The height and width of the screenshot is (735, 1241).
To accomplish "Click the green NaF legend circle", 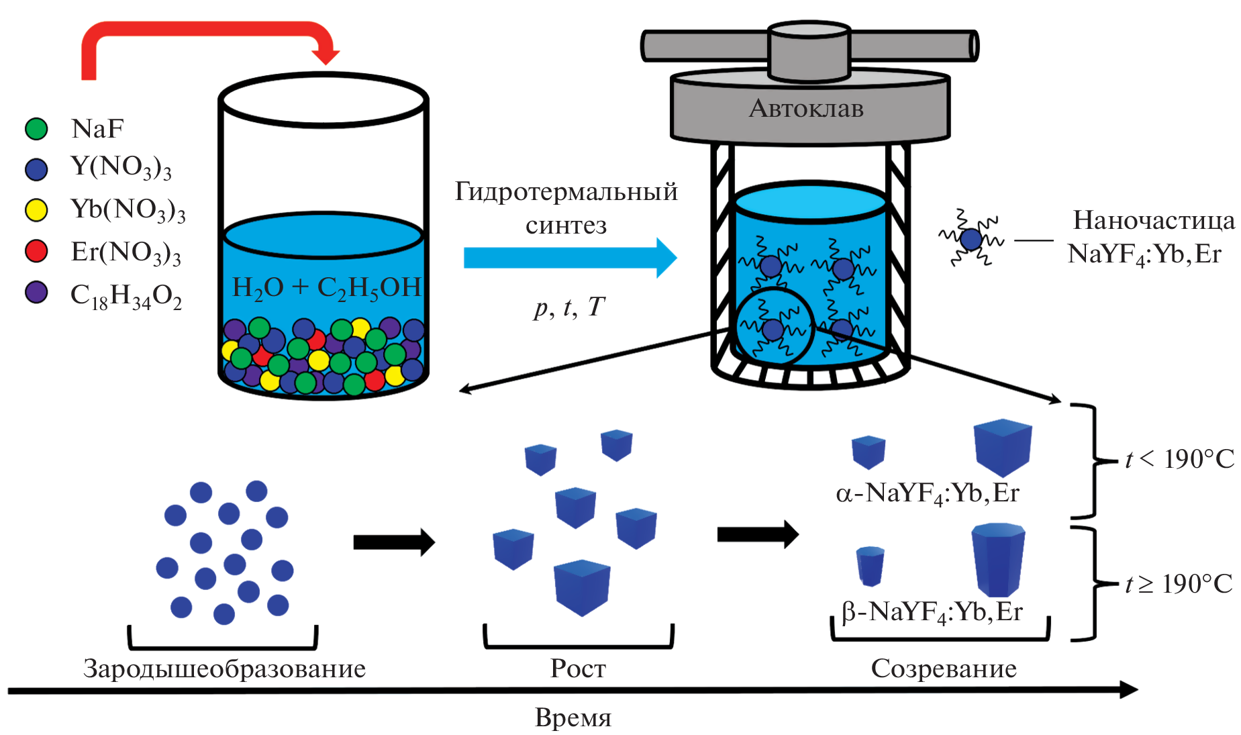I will (x=36, y=129).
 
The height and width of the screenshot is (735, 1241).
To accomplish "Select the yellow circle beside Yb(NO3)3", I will (x=36, y=210).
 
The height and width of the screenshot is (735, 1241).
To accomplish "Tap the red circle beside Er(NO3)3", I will (x=36, y=251).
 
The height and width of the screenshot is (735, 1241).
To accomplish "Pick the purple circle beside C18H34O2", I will (x=36, y=293).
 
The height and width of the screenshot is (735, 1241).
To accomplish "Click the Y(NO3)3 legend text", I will (x=121, y=167).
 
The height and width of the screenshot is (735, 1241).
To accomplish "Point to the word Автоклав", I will (x=806, y=109).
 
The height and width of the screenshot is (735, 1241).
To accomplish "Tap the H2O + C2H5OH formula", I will (x=326, y=287).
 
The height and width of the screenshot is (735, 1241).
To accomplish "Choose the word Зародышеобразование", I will (x=224, y=669).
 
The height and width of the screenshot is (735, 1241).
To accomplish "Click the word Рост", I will (x=578, y=669).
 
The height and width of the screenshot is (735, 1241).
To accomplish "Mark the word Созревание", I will (x=944, y=669).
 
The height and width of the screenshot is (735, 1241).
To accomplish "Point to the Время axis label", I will (x=573, y=718).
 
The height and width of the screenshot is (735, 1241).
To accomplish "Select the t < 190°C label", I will (x=1179, y=459).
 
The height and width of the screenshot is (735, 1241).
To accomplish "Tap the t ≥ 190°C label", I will (x=1179, y=584).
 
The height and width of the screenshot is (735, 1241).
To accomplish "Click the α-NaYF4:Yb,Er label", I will (x=928, y=493).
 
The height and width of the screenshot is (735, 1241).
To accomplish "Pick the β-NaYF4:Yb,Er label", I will (x=932, y=612).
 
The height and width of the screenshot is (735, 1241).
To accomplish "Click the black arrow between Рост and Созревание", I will (x=758, y=534).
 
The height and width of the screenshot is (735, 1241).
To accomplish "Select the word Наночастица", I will (x=1154, y=220).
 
